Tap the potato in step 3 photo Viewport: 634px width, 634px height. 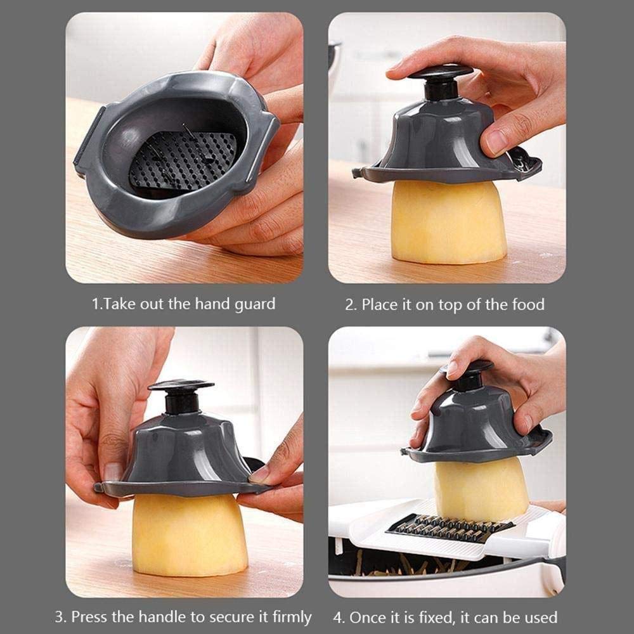(190, 536)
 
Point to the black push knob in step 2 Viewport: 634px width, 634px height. (441, 80)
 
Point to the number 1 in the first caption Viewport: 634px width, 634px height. (96, 304)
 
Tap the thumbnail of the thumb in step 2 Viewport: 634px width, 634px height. (498, 140)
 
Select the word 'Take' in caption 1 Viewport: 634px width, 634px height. (119, 304)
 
